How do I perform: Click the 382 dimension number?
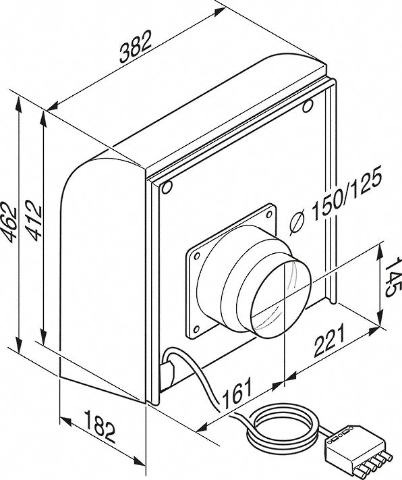click(136, 47)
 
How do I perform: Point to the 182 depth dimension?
click(100, 427)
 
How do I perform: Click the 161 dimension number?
click(237, 394)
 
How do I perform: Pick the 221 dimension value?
click(329, 340)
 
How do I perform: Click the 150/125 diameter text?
click(346, 194)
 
